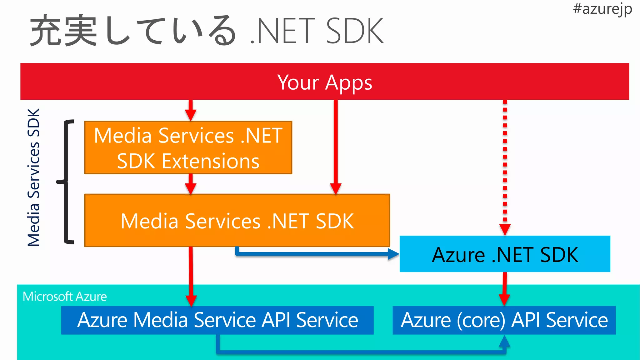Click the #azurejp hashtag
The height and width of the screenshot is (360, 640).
click(602, 9)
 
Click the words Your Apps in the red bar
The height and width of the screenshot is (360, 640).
click(325, 82)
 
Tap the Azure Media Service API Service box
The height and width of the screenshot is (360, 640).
click(217, 320)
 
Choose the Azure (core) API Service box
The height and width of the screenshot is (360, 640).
click(504, 320)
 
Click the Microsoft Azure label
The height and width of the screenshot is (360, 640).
click(65, 297)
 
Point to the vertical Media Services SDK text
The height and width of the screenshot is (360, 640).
click(34, 177)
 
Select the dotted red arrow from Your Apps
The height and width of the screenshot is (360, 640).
click(505, 166)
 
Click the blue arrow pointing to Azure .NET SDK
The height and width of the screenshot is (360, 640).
click(316, 253)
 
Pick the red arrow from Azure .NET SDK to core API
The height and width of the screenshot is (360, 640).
click(504, 288)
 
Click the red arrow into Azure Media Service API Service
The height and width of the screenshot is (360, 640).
click(191, 275)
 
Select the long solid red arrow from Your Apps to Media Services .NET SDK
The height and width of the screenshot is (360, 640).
click(336, 147)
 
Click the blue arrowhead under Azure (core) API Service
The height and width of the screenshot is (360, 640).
click(504, 342)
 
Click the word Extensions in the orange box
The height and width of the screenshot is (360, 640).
click(210, 162)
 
